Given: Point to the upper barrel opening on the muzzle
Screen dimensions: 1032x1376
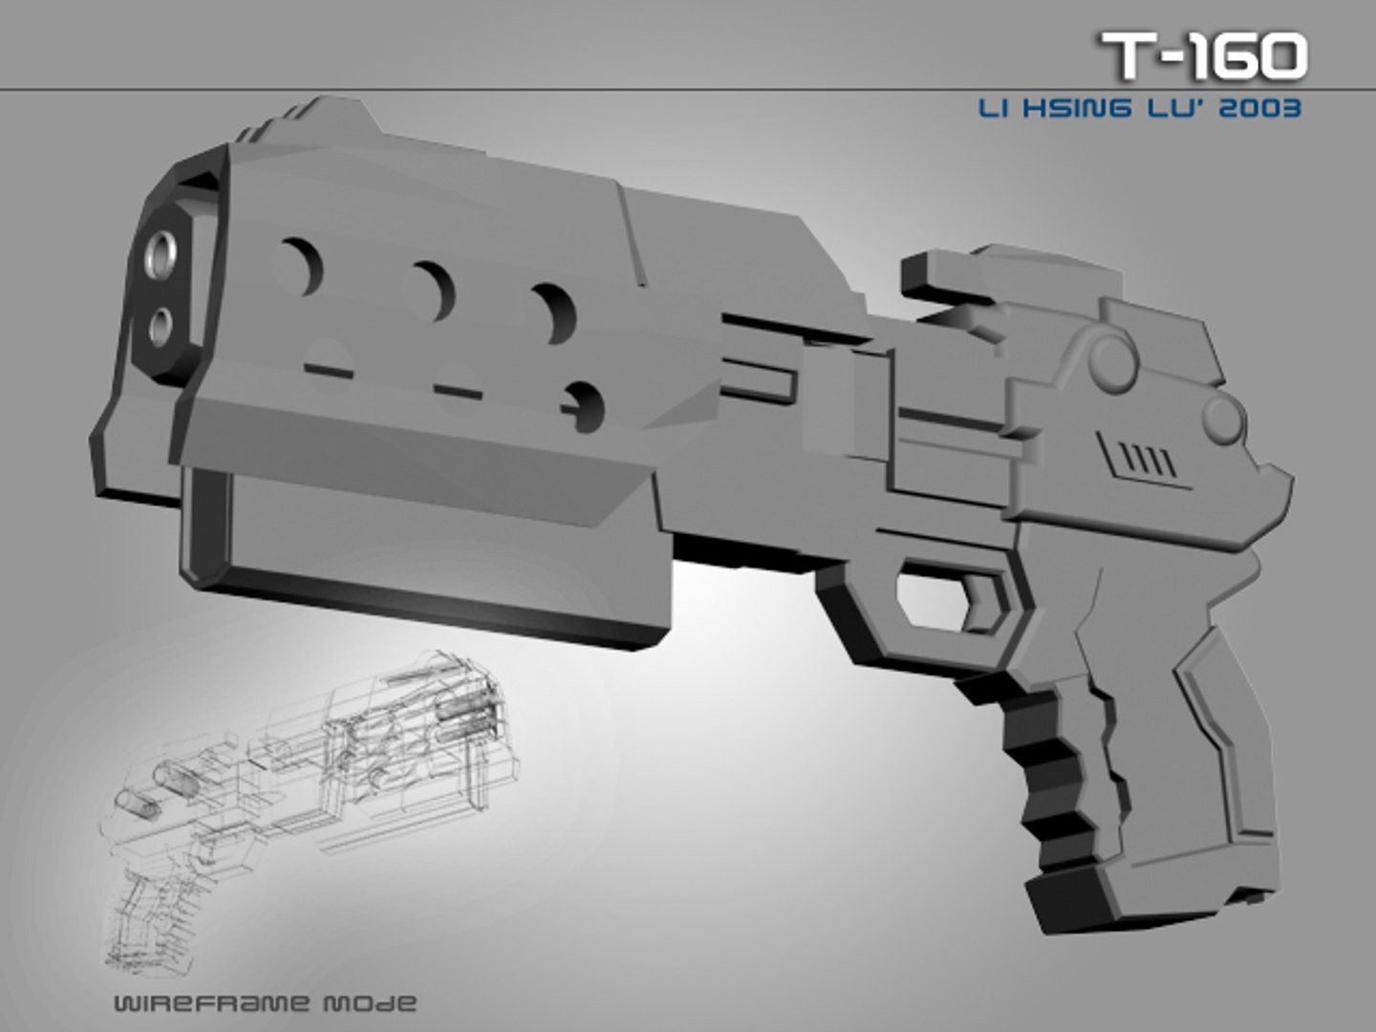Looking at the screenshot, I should [x=165, y=251].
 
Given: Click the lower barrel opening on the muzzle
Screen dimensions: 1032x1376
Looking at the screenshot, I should [x=163, y=327].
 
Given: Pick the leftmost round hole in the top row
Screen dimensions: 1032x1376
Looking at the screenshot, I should [x=301, y=266].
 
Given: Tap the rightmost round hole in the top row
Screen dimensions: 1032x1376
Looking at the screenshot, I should [x=556, y=312].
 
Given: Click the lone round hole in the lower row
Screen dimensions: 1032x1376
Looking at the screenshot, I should [x=586, y=405].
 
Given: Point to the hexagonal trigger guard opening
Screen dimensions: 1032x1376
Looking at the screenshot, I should [x=946, y=596].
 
